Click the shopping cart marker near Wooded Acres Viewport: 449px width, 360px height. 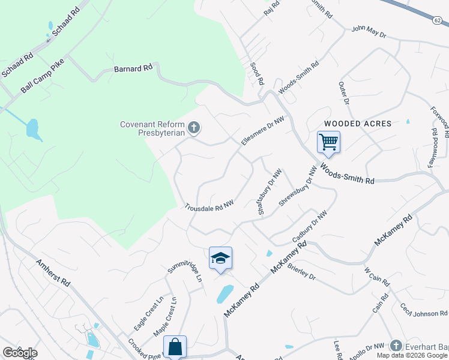click(328, 143)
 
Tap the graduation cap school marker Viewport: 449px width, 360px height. click(220, 259)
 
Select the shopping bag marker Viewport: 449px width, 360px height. click(175, 347)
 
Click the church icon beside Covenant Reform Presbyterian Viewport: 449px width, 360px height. click(193, 127)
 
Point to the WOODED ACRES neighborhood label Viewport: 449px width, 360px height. click(358, 124)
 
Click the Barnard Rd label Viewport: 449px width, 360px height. click(133, 69)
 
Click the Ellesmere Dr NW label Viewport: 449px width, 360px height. click(261, 130)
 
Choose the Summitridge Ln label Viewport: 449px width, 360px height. click(184, 275)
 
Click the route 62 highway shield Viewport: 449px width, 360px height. click(437, 20)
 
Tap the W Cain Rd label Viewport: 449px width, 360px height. click(377, 275)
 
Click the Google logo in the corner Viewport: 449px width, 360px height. click(20, 353)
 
